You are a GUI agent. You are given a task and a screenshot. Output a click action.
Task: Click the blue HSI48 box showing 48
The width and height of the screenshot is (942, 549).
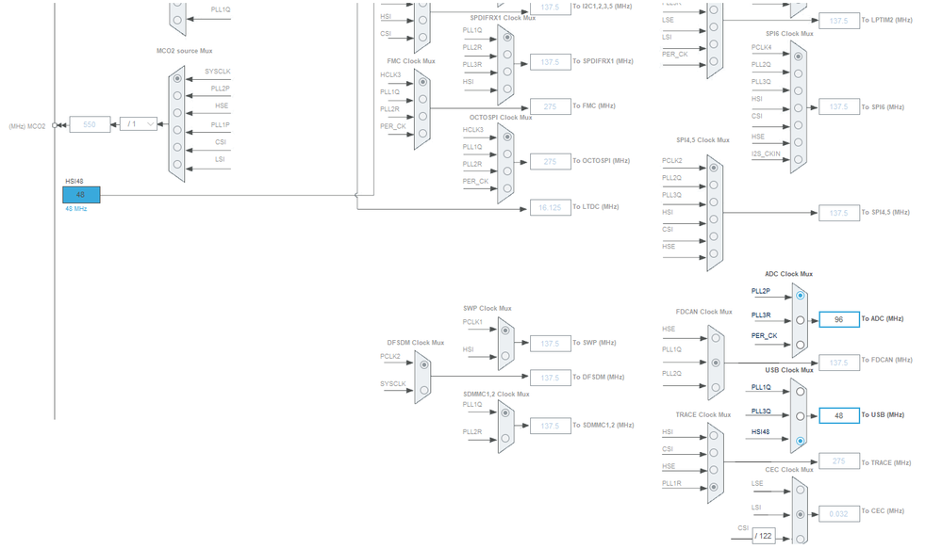point(81,194)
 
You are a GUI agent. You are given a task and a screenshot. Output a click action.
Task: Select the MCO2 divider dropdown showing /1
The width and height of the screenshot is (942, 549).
point(138,123)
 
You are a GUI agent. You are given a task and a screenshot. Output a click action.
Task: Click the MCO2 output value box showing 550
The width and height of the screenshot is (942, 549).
point(91,123)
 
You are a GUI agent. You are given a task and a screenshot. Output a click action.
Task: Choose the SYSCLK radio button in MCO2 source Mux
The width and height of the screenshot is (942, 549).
point(176,79)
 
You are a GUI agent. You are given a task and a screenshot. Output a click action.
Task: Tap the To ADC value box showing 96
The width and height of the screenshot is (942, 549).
point(838,319)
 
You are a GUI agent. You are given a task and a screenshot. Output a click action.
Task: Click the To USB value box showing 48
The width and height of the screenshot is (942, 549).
point(838,415)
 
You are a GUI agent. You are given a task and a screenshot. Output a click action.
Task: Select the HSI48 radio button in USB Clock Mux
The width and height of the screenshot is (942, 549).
point(800,439)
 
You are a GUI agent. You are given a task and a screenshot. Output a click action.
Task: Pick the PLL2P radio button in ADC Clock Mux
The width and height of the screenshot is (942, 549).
point(800,296)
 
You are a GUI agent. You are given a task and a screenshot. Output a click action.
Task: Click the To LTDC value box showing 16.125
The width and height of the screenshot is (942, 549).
point(551,207)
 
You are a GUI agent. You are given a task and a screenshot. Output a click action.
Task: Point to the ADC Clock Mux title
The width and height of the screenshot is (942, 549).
point(788,274)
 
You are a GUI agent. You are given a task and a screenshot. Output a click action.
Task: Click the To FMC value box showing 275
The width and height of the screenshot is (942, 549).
point(551,106)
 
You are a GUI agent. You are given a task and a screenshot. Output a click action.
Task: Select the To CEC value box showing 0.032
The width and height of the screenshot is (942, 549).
point(838,513)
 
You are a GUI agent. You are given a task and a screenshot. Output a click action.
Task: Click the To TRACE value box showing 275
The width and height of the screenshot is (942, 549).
point(838,461)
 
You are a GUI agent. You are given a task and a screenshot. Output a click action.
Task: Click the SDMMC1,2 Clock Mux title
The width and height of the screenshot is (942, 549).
point(496,395)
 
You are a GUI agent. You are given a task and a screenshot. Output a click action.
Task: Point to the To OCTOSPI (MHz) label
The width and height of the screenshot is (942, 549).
point(601,161)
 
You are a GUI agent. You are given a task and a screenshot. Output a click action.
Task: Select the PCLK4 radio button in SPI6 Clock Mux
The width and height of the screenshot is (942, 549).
point(799,56)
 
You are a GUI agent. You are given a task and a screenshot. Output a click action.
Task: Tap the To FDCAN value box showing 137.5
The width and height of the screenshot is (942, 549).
point(838,363)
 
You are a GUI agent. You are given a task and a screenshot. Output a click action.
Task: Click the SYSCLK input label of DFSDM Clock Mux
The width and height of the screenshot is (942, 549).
point(393,383)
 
